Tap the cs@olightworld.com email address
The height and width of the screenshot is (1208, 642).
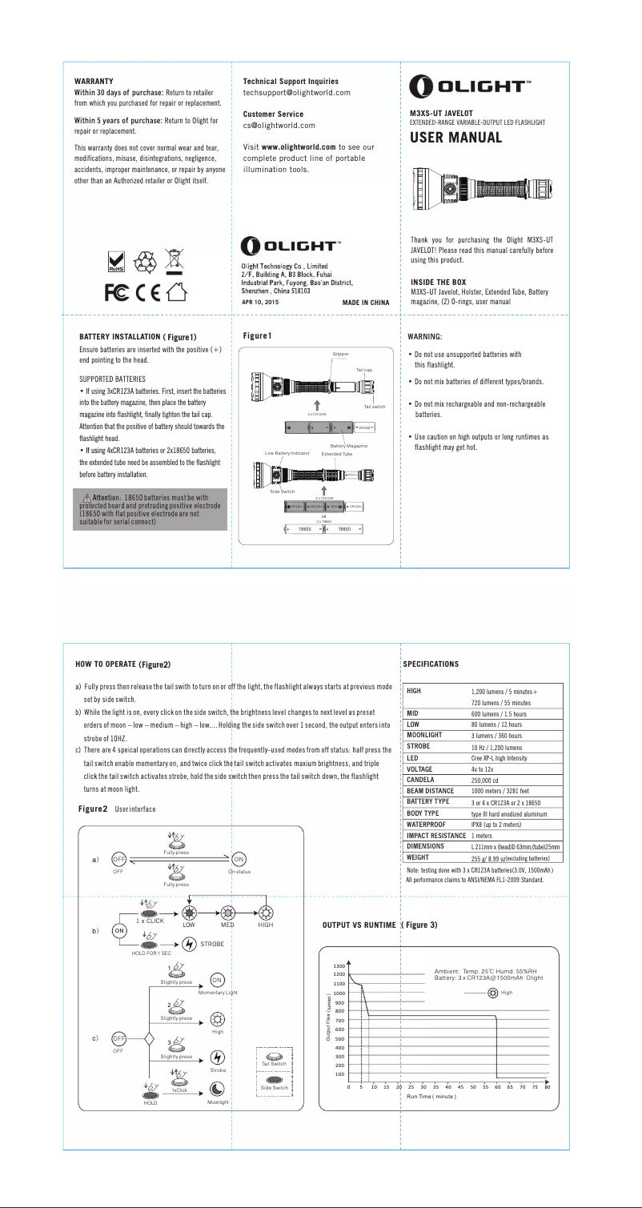[279, 126]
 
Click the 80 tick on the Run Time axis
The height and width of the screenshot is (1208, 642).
[548, 1087]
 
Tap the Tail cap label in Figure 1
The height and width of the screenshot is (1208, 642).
[364, 369]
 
